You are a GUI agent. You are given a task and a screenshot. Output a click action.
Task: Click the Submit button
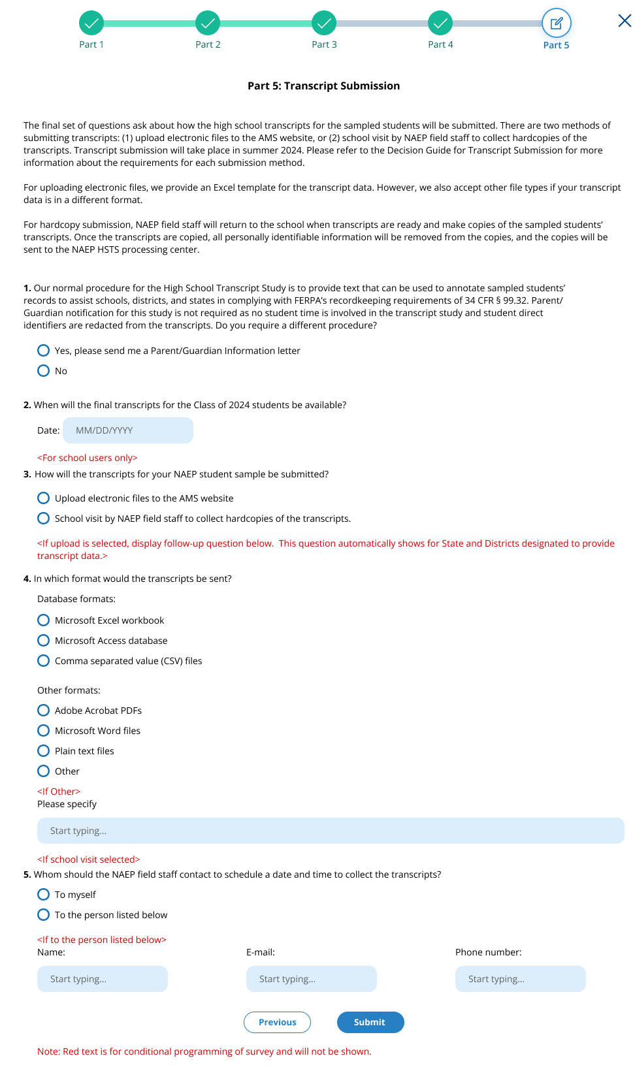pyautogui.click(x=370, y=1022)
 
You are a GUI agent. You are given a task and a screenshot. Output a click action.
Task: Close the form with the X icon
pyautogui.click(x=625, y=21)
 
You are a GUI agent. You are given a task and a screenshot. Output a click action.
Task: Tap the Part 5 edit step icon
pyautogui.click(x=557, y=24)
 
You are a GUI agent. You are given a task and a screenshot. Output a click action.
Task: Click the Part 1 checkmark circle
pyautogui.click(x=91, y=24)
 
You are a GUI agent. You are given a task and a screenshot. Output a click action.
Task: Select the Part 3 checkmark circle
pyautogui.click(x=324, y=24)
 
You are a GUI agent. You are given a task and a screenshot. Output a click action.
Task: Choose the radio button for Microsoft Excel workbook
pyautogui.click(x=44, y=620)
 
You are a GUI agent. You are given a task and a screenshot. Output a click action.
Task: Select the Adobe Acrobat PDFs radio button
pyautogui.click(x=44, y=711)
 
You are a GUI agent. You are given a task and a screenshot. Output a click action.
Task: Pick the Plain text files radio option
pyautogui.click(x=44, y=751)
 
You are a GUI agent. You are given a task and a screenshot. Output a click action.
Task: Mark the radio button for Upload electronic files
pyautogui.click(x=44, y=498)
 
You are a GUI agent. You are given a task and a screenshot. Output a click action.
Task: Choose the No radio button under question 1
pyautogui.click(x=44, y=371)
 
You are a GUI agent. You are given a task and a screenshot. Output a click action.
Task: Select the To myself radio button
pyautogui.click(x=44, y=895)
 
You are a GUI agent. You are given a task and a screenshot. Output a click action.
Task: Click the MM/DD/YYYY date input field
pyautogui.click(x=128, y=430)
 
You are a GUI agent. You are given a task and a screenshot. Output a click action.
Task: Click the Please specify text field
pyautogui.click(x=331, y=831)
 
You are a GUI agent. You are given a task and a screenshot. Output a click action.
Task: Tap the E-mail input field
pyautogui.click(x=312, y=979)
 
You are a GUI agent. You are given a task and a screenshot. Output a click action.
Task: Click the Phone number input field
pyautogui.click(x=521, y=979)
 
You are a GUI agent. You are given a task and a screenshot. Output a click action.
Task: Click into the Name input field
pyautogui.click(x=103, y=979)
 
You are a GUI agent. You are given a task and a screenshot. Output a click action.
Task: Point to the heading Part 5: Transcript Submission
pyautogui.click(x=323, y=86)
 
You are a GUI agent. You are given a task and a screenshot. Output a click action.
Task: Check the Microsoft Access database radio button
pyautogui.click(x=44, y=641)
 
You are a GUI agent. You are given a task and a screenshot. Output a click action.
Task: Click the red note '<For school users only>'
pyautogui.click(x=88, y=458)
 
